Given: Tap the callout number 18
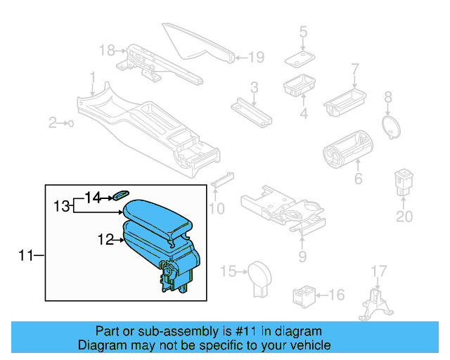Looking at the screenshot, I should (106, 50).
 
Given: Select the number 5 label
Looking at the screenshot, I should (304, 32).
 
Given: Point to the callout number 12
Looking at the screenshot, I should (105, 240).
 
